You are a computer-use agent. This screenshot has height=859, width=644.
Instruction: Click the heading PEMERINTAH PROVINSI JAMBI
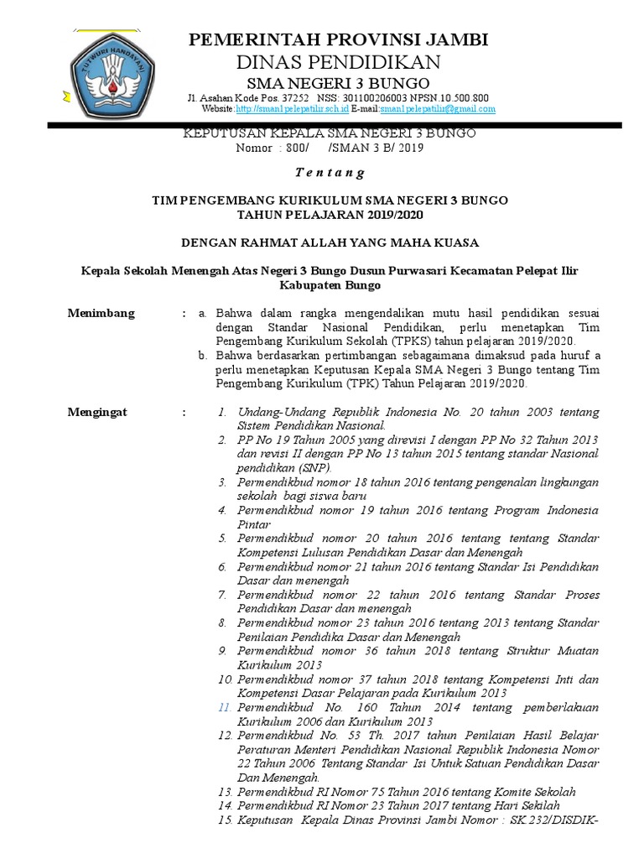[338, 39]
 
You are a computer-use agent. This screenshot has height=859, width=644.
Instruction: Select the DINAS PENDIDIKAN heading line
[338, 63]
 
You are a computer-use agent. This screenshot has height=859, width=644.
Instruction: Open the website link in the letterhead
[292, 109]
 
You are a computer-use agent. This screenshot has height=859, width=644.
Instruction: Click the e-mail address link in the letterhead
[437, 109]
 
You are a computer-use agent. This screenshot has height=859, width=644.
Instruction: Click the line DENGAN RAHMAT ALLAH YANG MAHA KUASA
[330, 242]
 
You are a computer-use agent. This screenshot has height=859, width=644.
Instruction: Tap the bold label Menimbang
[101, 313]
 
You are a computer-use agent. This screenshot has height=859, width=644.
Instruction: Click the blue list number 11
[224, 708]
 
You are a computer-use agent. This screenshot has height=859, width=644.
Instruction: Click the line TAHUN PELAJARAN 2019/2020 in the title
[330, 215]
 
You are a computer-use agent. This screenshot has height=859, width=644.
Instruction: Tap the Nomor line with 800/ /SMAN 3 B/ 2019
[330, 148]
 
